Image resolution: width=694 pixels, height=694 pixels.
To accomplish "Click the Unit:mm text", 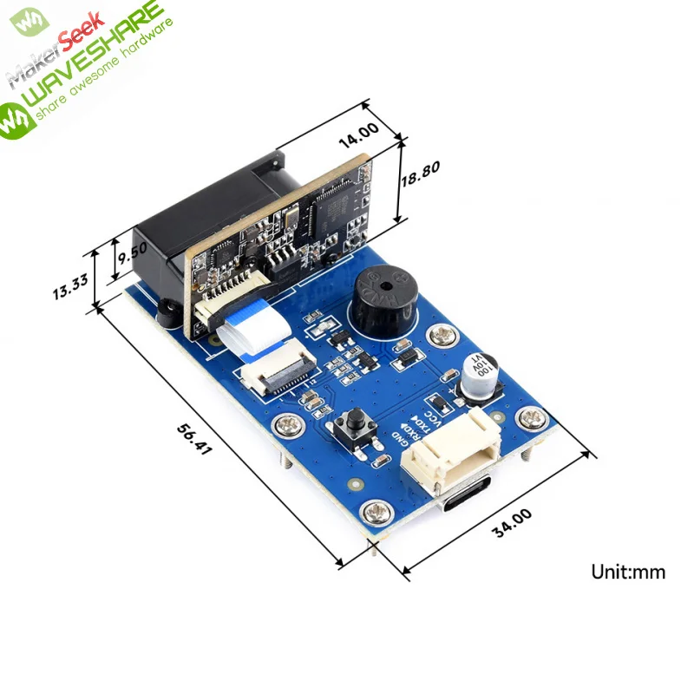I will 628,571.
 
